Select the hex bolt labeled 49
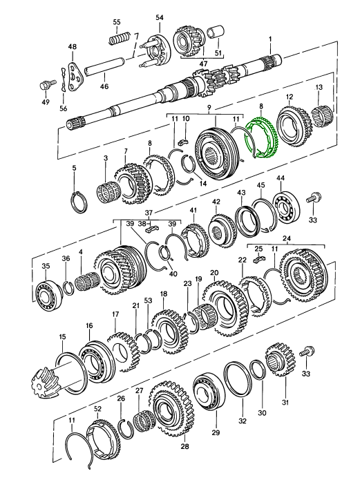(46, 84)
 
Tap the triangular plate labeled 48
(75, 77)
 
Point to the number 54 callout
(160, 17)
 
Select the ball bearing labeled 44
(286, 206)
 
